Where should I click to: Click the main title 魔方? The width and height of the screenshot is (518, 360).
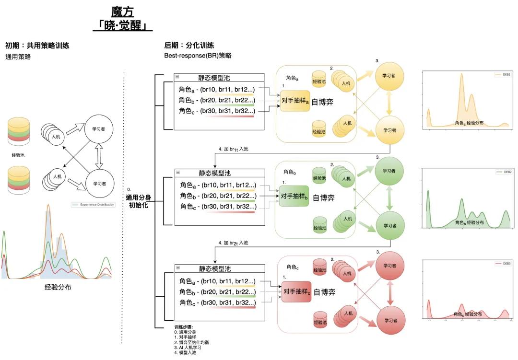[x=122, y=12]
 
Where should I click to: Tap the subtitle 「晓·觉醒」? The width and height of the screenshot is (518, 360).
[x=122, y=25]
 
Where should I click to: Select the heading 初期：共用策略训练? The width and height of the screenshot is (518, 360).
[x=37, y=46]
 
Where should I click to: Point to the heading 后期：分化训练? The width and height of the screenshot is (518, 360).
[x=189, y=46]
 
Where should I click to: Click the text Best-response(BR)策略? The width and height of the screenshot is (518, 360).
[x=198, y=56]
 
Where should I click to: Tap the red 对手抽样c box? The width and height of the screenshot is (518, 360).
[x=296, y=291]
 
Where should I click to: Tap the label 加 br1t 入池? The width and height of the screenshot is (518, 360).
[x=233, y=149]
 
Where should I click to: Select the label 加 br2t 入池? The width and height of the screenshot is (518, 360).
[x=233, y=243]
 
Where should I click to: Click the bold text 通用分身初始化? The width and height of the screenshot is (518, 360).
[x=138, y=201]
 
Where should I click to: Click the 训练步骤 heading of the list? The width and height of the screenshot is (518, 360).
[x=184, y=327]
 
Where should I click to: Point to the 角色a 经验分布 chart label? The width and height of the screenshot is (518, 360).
[x=469, y=123]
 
